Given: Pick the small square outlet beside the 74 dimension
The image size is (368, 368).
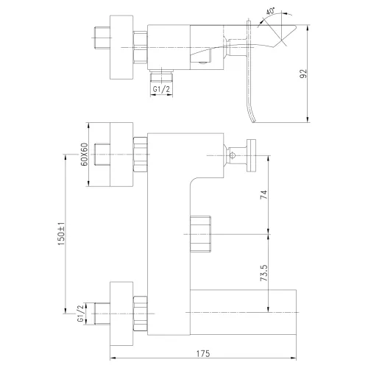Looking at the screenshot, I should coord(200,234).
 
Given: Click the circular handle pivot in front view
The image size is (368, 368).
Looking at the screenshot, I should coord(235,155).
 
